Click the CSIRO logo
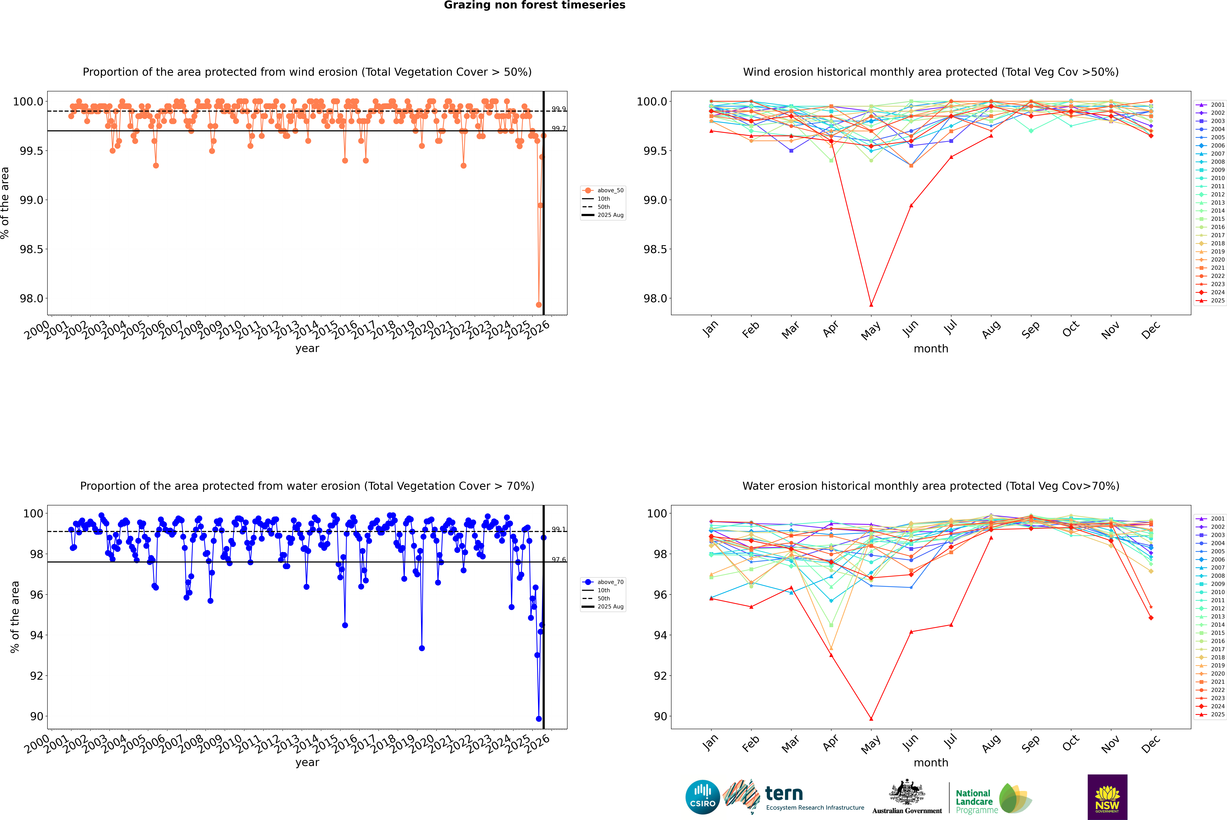tap(702, 797)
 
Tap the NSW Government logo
tap(1107, 797)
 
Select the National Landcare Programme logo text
tap(974, 801)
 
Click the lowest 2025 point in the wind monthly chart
tap(871, 304)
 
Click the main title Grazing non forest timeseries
tap(535, 5)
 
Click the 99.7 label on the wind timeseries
tap(559, 129)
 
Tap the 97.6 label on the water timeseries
tap(559, 560)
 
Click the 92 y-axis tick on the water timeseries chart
tap(37, 676)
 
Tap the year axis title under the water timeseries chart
tap(307, 763)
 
